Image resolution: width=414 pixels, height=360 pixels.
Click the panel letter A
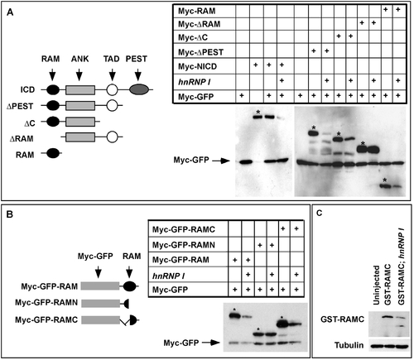pyautogui.click(x=10, y=12)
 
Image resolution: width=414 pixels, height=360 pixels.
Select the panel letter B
pyautogui.click(x=10, y=214)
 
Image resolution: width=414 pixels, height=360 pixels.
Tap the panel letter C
pyautogui.click(x=320, y=213)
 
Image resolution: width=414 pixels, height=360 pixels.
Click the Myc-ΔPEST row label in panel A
pyautogui.click(x=200, y=52)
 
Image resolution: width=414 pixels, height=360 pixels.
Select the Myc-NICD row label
pyautogui.click(x=197, y=66)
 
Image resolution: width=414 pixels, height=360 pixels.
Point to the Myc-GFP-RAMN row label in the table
pyautogui.click(x=184, y=245)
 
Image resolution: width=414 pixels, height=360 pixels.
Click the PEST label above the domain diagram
pyautogui.click(x=137, y=59)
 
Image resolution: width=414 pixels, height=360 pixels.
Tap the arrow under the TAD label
pyautogui.click(x=112, y=74)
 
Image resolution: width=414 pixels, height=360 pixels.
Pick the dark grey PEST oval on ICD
pyautogui.click(x=139, y=90)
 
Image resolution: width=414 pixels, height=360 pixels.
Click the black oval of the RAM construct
pyautogui.click(x=53, y=153)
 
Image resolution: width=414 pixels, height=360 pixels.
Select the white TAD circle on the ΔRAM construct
pyautogui.click(x=112, y=137)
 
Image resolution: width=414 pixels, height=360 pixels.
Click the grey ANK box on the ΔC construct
pyautogui.click(x=80, y=122)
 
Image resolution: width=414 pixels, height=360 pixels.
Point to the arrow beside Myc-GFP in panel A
pyautogui.click(x=221, y=161)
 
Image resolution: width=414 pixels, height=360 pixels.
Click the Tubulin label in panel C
pyautogui.click(x=349, y=345)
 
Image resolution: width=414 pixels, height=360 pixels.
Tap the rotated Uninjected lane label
pyautogui.click(x=376, y=285)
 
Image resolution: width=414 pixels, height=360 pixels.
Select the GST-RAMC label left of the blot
pyautogui.click(x=342, y=319)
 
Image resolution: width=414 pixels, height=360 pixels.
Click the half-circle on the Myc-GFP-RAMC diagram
pyautogui.click(x=133, y=320)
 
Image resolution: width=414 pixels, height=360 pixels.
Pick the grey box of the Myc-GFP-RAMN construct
pyautogui.click(x=101, y=304)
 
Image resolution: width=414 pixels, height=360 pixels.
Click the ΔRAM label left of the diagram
pyautogui.click(x=22, y=138)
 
